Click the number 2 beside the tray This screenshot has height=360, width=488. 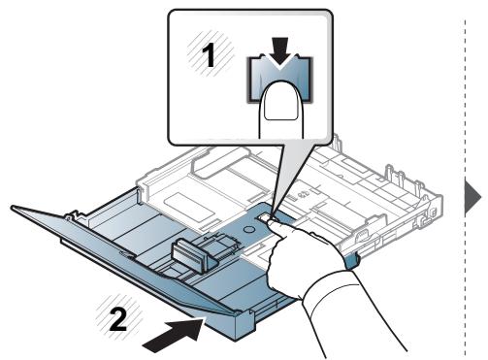118,319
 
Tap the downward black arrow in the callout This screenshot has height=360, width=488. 280,51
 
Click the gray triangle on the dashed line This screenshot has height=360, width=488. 472,197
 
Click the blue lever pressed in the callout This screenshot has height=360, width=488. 280,80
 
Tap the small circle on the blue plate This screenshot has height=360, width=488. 248,229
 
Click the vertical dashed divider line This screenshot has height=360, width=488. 465,187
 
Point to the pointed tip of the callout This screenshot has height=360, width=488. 272,214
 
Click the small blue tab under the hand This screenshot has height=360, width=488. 351,261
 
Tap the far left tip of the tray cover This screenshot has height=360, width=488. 12,207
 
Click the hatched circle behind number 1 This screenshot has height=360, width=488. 211,53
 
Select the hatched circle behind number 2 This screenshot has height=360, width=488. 119,315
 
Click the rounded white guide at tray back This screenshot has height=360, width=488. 221,162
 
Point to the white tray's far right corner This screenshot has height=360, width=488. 440,197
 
